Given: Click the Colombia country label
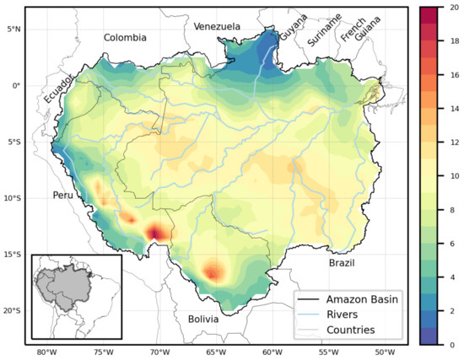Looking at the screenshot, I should [x=125, y=38].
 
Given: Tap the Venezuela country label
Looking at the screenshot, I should [x=217, y=27].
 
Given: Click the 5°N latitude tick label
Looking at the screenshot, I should [x=13, y=29].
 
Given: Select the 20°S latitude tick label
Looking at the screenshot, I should [x=12, y=311].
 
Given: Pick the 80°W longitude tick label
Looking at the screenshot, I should [x=46, y=352].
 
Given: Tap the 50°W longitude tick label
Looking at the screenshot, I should [x=384, y=352].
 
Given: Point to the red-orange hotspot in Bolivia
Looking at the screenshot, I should [x=214, y=271].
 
